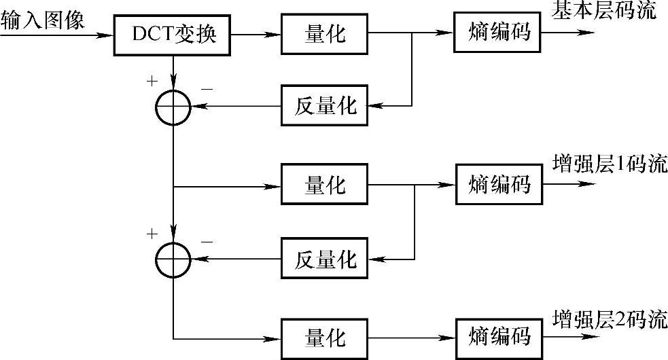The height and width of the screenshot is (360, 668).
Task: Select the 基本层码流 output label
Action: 604,12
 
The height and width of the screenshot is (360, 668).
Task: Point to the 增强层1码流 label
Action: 610,165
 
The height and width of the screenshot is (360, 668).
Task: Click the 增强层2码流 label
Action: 610,319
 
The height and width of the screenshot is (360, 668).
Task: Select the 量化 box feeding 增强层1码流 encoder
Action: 325,184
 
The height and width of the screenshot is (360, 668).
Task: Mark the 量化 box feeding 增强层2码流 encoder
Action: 325,337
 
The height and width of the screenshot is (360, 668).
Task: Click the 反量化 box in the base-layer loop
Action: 325,105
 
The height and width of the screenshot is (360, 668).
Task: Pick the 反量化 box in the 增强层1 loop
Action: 325,258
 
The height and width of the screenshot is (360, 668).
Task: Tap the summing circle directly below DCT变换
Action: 174,106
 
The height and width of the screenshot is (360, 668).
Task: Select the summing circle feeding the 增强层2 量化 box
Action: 174,259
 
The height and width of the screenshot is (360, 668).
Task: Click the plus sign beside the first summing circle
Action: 150,82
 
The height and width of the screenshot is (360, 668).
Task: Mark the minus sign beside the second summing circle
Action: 207,241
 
